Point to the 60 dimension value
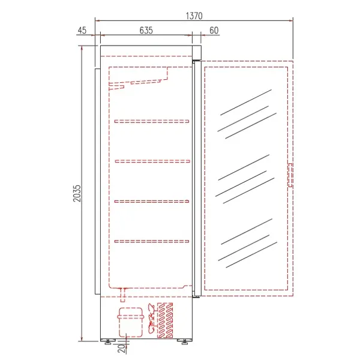(214, 29)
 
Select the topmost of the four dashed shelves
(152, 121)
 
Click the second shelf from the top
(152, 161)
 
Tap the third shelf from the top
(152, 201)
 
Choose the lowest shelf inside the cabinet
(152, 241)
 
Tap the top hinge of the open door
(195, 61)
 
